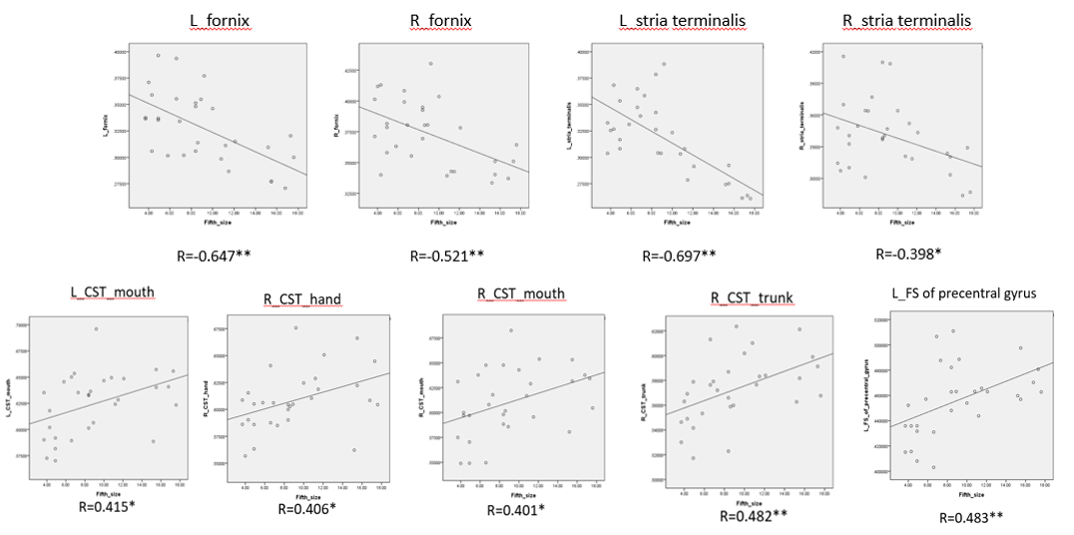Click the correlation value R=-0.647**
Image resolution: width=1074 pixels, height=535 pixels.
(x=215, y=255)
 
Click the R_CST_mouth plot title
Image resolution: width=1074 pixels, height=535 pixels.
(x=521, y=293)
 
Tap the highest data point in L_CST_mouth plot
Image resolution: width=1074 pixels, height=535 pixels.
(x=97, y=329)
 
